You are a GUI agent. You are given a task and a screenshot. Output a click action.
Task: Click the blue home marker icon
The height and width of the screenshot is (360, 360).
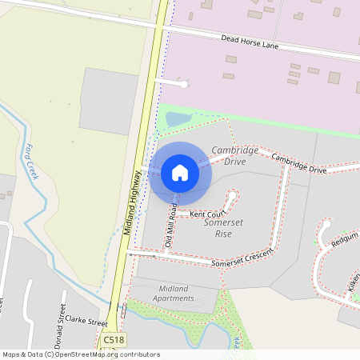tap(180, 173)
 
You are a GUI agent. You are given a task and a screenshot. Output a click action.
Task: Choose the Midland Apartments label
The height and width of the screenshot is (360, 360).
tap(166, 293)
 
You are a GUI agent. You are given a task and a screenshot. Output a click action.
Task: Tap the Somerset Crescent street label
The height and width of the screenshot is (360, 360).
tap(242, 258)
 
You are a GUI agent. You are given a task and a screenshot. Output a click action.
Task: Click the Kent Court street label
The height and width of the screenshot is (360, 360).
tap(208, 214)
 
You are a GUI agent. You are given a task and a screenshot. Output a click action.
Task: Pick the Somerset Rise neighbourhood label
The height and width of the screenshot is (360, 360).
tap(223, 228)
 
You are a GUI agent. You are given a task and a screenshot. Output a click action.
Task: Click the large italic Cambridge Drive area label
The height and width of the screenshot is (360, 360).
tap(234, 156)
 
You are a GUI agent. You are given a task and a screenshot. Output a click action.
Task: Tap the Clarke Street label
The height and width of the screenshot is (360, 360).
tap(86, 321)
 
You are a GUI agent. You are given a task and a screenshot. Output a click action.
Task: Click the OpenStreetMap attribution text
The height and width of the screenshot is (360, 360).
tap(80, 354)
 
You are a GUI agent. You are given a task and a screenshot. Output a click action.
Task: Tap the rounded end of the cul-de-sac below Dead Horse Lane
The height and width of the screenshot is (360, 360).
tap(184, 83)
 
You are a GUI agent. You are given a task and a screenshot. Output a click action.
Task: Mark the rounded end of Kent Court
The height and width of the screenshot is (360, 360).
tap(234, 194)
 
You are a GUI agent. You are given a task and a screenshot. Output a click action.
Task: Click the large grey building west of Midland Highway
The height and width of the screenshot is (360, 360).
tap(109, 101)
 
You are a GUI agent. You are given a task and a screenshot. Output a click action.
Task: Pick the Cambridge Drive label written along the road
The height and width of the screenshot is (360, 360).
tap(298, 164)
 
